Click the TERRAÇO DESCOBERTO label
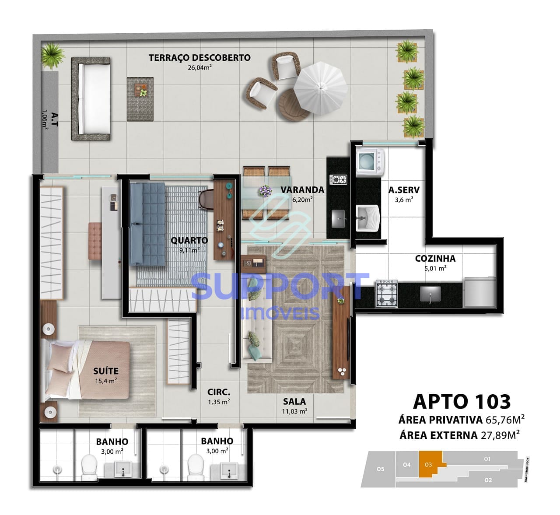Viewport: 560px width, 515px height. click(199, 58)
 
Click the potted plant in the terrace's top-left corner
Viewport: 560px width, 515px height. click(53, 56)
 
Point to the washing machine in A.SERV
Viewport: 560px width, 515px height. click(370, 161)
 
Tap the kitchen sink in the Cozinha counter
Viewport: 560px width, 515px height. click(430, 294)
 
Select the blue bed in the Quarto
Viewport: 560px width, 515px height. click(147, 224)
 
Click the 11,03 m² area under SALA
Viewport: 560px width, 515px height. click(294, 411)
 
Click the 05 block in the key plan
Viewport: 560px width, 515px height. click(380, 469)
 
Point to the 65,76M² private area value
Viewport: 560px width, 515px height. click(505, 420)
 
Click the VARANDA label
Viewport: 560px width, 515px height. click(302, 189)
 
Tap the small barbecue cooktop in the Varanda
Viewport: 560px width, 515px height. click(338, 179)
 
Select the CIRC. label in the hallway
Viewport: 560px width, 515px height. click(219, 392)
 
